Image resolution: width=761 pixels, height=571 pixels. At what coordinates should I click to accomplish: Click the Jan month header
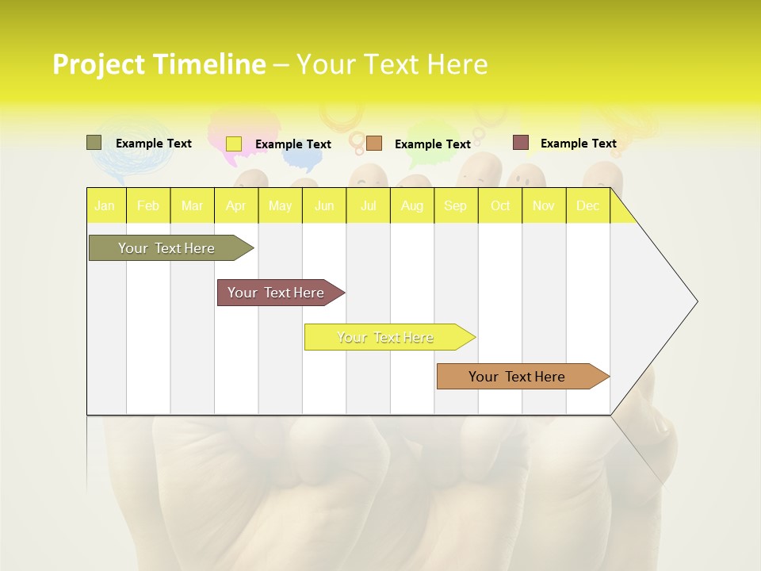coord(105,205)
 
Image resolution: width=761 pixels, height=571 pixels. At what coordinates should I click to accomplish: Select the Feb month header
coord(148,205)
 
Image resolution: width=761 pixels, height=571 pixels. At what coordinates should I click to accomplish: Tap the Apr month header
coord(236,205)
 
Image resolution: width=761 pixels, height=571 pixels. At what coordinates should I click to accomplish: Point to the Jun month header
coord(324,205)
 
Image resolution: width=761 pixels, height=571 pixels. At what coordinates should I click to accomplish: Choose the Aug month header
coord(412,205)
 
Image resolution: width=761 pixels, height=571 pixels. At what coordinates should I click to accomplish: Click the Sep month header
coord(456,205)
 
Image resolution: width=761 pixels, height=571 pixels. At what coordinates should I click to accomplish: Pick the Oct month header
coord(500,205)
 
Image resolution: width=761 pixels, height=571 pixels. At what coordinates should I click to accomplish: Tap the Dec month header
coord(588,205)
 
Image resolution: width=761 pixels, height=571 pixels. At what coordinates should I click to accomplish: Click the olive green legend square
coord(94,143)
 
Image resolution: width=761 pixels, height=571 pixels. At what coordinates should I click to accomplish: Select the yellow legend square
coord(234,144)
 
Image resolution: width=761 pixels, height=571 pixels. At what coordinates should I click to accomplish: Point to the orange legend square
coord(374,144)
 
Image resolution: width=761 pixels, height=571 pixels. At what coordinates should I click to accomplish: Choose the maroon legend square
coord(520,143)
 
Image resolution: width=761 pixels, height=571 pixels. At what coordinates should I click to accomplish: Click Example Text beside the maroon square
coord(578,143)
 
